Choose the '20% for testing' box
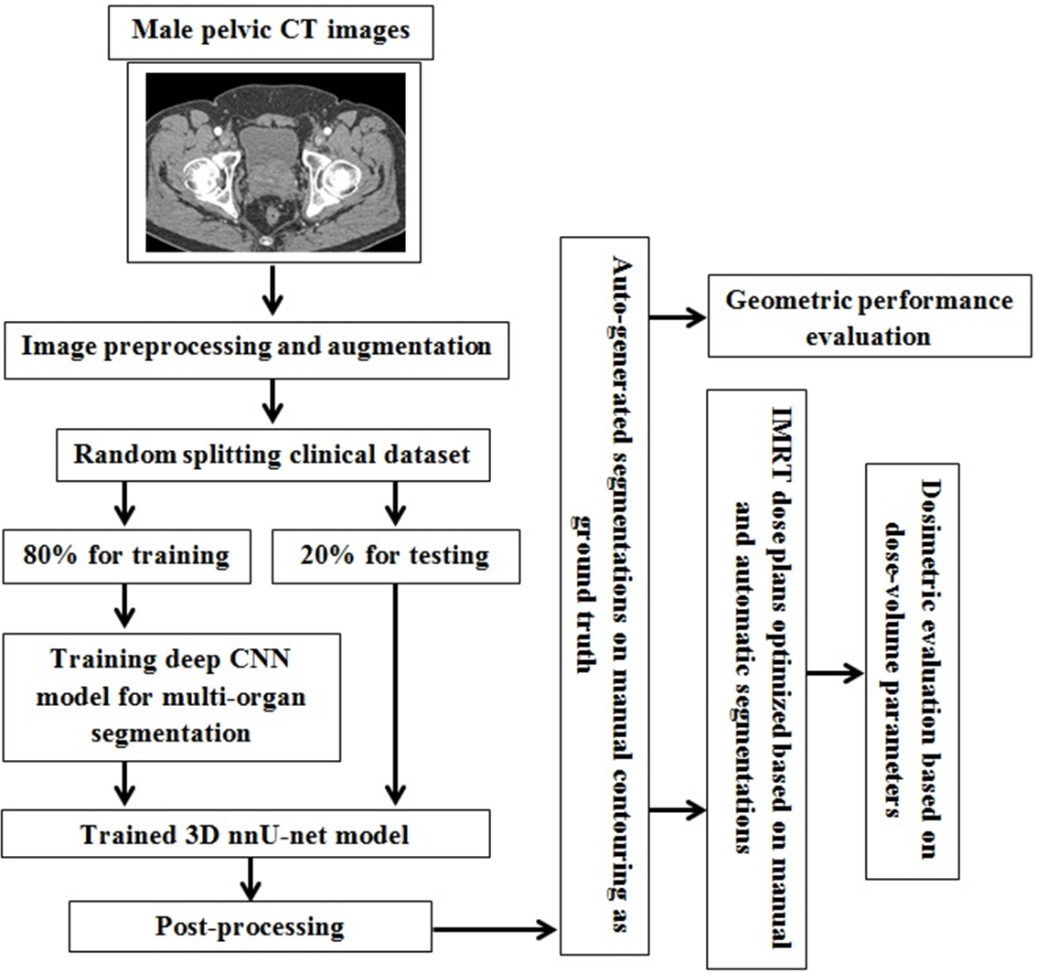pyautogui.click(x=396, y=556)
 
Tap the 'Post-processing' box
pyautogui.click(x=250, y=926)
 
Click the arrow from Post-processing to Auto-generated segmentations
pyautogui.click(x=494, y=929)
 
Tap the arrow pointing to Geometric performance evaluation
pyautogui.click(x=678, y=319)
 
